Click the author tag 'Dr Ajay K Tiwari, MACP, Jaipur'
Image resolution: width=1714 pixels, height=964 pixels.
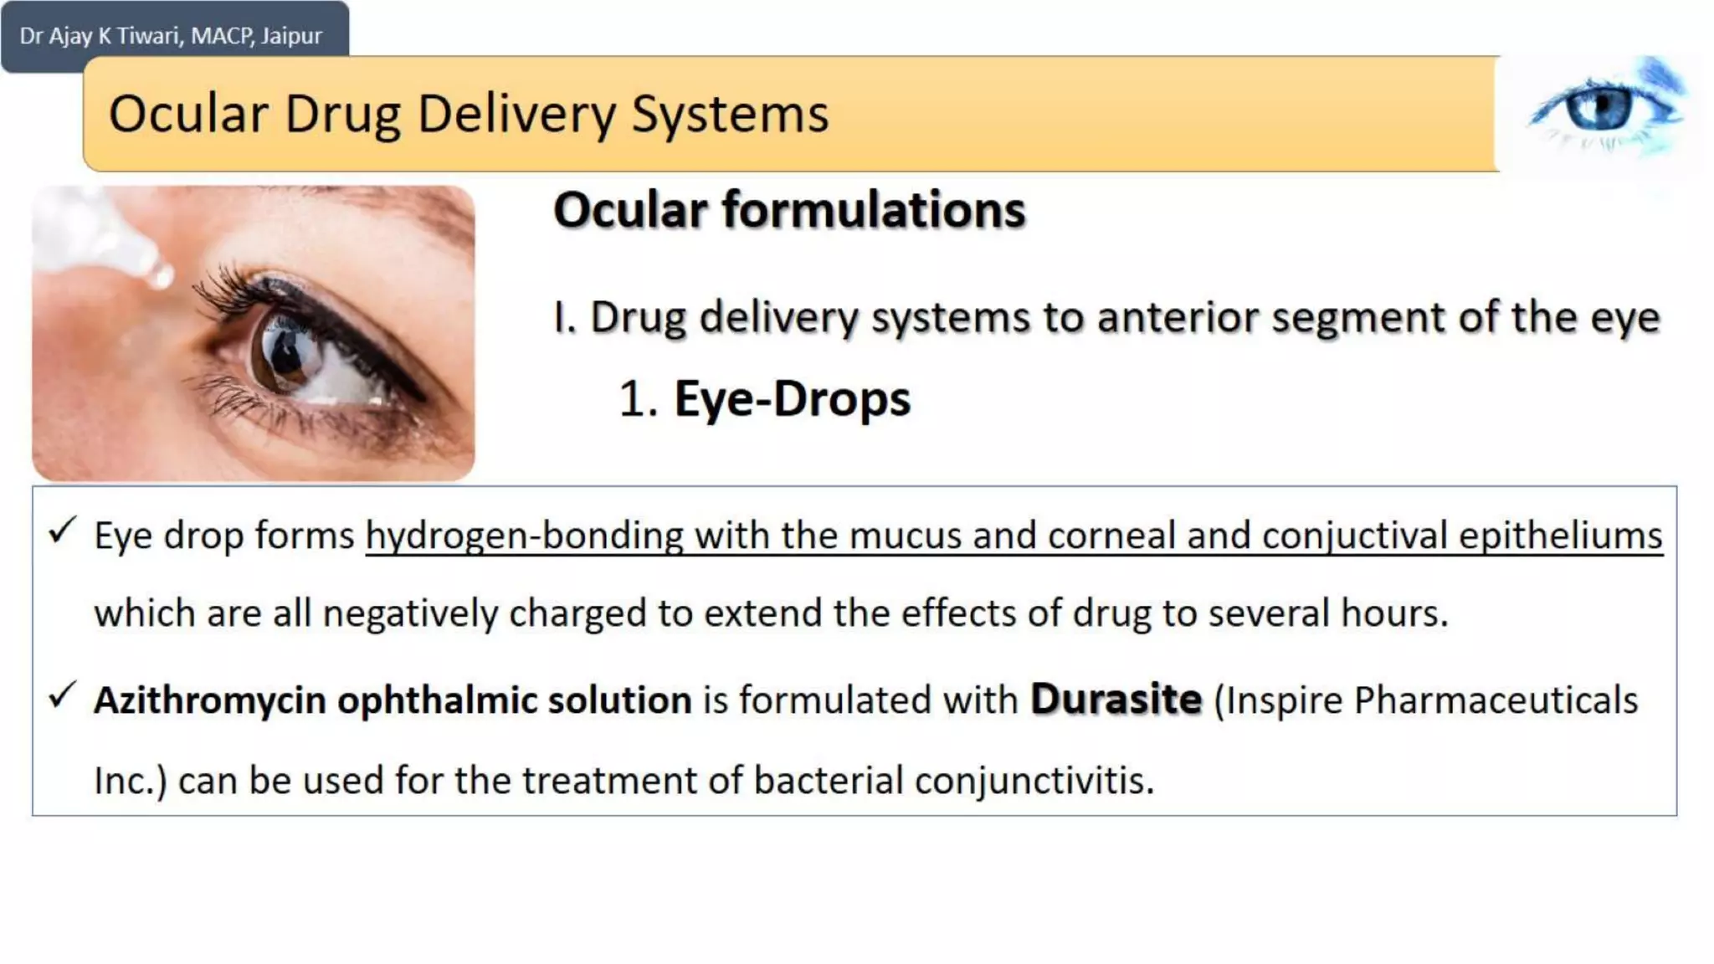[x=171, y=36]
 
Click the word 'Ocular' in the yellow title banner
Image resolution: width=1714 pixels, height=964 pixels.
[x=188, y=114]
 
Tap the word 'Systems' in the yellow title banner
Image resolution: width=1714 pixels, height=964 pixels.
[x=730, y=115]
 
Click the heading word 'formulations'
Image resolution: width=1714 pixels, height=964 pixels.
[x=874, y=209]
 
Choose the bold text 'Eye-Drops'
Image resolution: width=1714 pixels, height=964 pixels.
[x=792, y=399]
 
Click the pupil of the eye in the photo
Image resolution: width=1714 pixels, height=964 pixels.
[x=286, y=355]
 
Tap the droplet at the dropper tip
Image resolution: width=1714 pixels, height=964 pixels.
[x=159, y=274]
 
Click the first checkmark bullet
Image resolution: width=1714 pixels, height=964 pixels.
[x=63, y=531]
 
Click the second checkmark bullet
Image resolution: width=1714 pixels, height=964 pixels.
[x=63, y=695]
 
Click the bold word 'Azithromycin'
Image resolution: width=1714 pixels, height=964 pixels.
[x=209, y=700]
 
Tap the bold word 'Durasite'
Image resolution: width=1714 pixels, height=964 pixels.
[x=1116, y=699]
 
